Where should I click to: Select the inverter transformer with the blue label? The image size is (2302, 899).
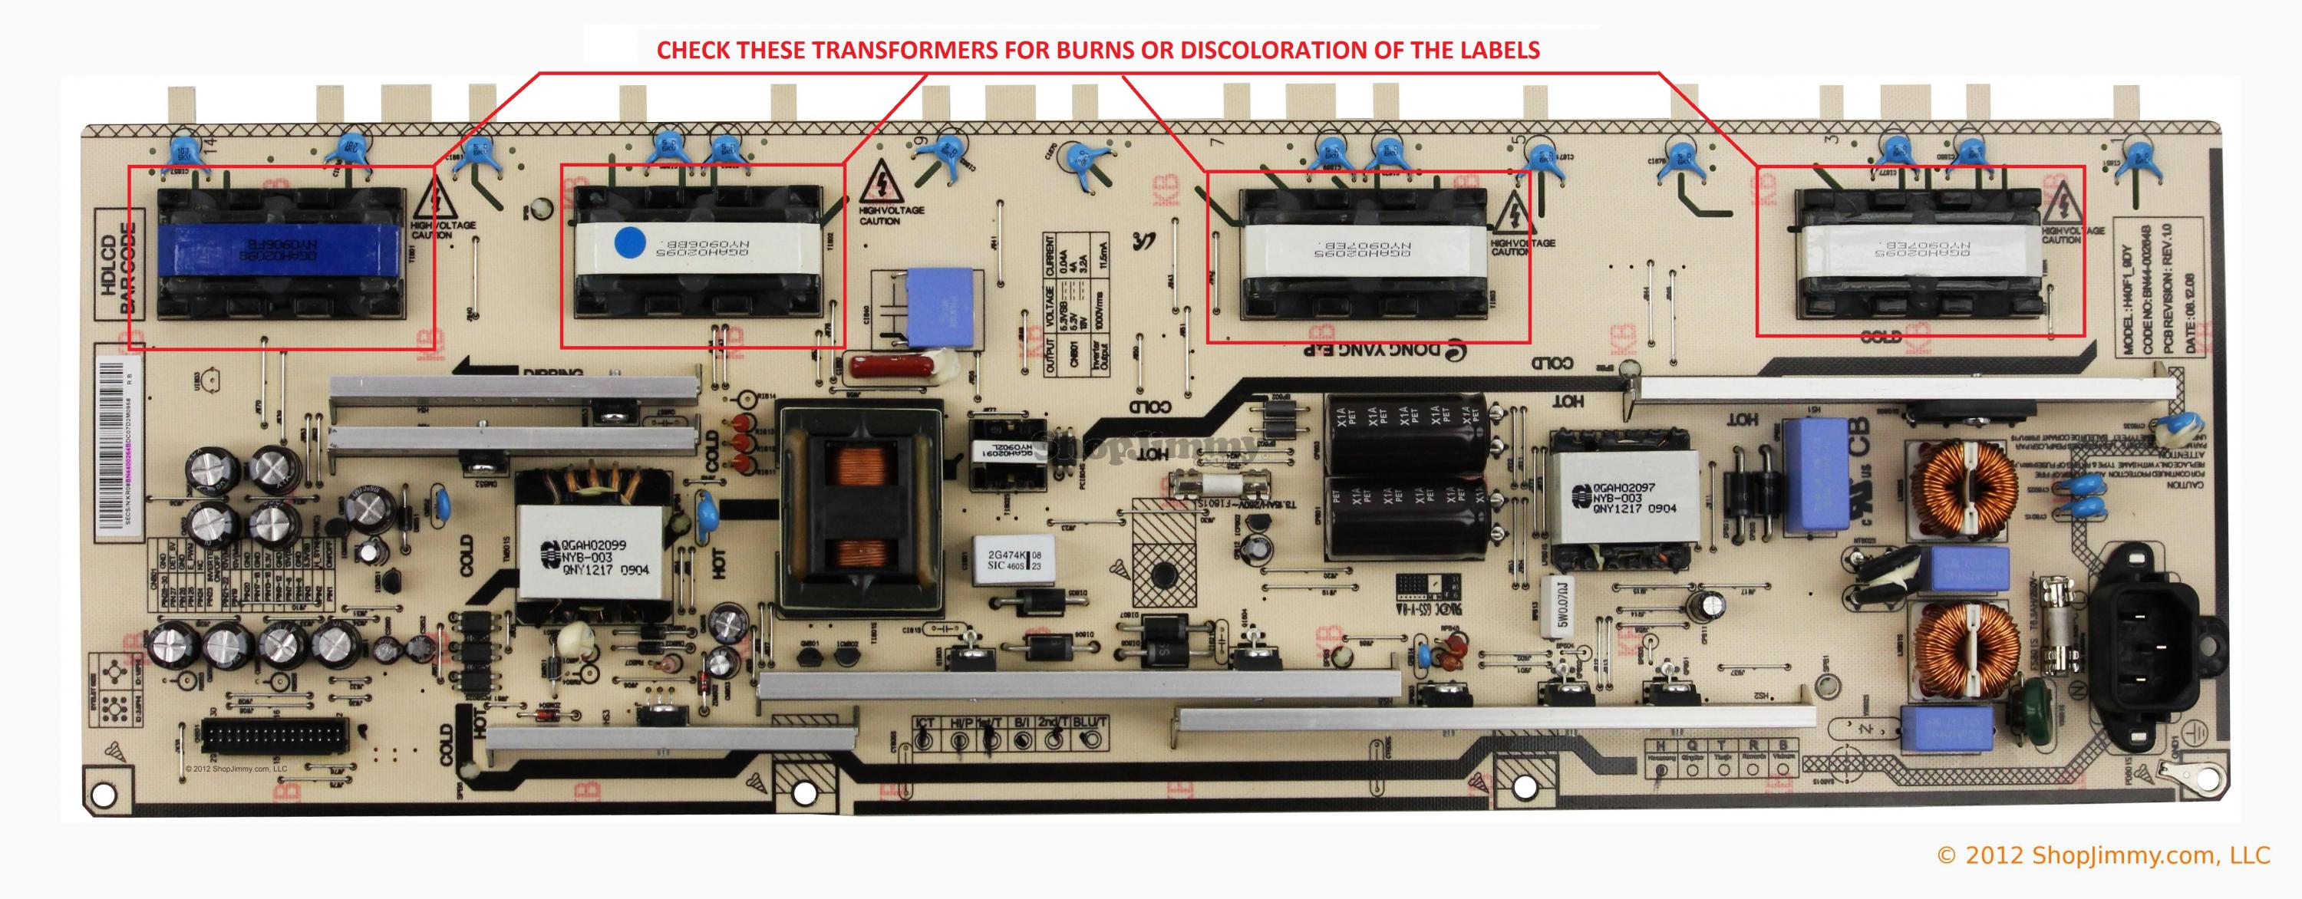pos(278,254)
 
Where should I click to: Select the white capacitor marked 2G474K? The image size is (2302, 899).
pos(1006,559)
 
